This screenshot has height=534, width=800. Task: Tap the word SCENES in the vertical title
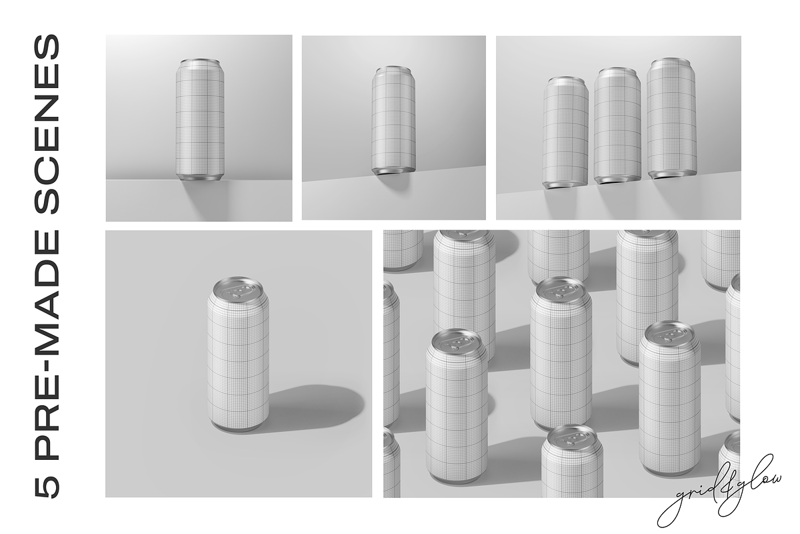47,124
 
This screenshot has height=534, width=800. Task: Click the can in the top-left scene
200,119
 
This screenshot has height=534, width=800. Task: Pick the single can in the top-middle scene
393,120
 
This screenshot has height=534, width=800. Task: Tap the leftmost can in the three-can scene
566,132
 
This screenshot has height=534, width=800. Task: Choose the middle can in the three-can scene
617,125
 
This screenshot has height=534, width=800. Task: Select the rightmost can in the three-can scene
671,119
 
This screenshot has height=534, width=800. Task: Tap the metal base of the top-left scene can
200,177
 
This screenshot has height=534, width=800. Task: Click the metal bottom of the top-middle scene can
393,171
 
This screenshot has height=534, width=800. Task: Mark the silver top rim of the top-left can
200,61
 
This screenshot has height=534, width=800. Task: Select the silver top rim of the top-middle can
393,67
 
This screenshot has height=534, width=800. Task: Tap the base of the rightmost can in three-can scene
671,176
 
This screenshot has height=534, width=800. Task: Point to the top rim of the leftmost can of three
566,78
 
